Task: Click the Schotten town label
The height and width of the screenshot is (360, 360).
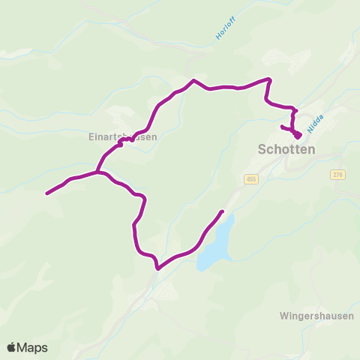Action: pyautogui.click(x=286, y=149)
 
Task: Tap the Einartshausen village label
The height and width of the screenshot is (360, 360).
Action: pyautogui.click(x=121, y=137)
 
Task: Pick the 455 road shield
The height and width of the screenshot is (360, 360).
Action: pyautogui.click(x=250, y=178)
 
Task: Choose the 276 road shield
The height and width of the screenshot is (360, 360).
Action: pyautogui.click(x=337, y=174)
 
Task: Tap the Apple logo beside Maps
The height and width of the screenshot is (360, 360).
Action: pyautogui.click(x=13, y=347)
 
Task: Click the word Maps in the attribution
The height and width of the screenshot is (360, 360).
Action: pyautogui.click(x=34, y=347)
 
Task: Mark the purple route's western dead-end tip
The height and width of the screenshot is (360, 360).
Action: pyautogui.click(x=47, y=194)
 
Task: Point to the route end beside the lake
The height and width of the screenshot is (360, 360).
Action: pyautogui.click(x=222, y=211)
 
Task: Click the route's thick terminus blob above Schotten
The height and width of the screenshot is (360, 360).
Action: pyautogui.click(x=298, y=135)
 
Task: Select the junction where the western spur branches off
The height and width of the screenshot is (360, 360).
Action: pyautogui.click(x=98, y=172)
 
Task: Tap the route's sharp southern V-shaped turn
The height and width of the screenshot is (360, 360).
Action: pyautogui.click(x=157, y=268)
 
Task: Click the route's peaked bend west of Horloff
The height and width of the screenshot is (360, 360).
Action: pyautogui.click(x=194, y=80)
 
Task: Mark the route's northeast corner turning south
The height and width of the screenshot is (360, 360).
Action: pyautogui.click(x=269, y=79)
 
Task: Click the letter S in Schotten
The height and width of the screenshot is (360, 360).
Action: pyautogui.click(x=262, y=149)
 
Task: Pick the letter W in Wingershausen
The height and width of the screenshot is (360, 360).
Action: pyautogui.click(x=283, y=316)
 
